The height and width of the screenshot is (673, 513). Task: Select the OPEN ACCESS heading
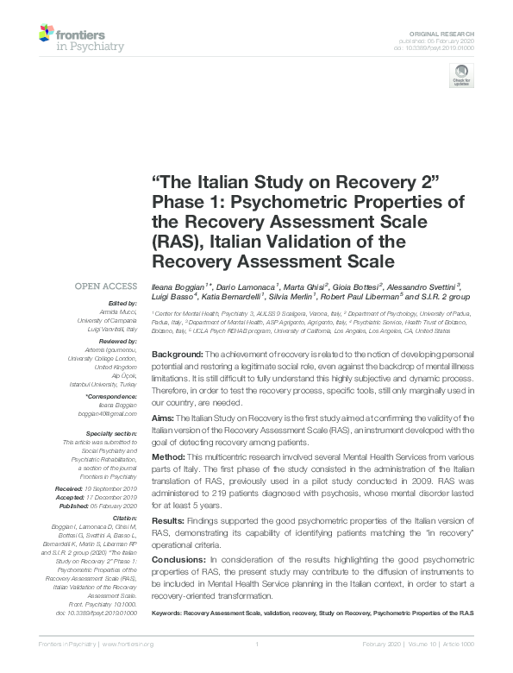[x=106, y=286]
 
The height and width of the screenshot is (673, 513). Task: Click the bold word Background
[x=177, y=355]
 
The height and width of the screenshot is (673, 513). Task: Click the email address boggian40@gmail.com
[x=109, y=414]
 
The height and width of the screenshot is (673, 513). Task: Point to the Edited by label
[x=121, y=303]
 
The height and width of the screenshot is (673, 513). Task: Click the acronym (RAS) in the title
[x=177, y=241]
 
